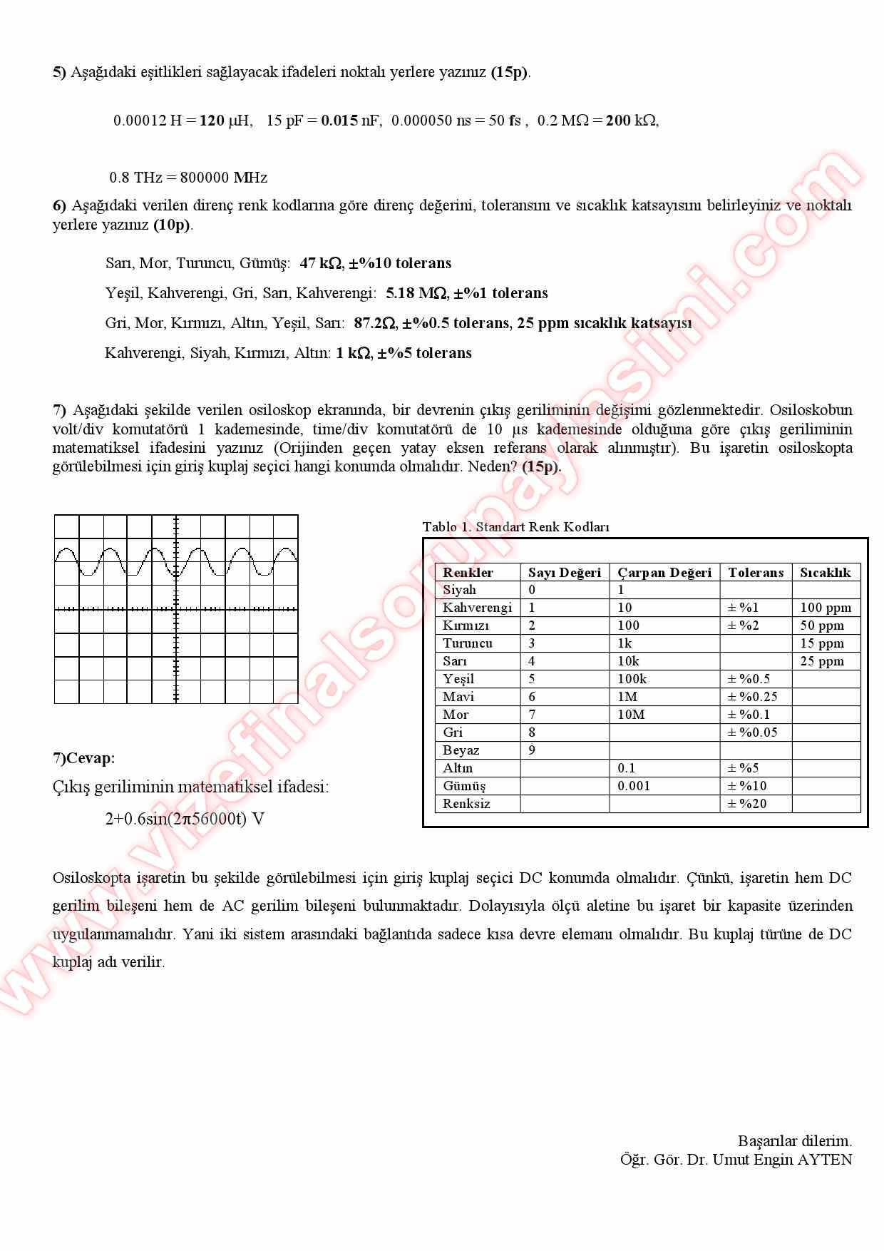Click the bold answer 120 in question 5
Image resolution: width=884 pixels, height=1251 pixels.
212,121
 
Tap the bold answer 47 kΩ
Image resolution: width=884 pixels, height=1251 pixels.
320,263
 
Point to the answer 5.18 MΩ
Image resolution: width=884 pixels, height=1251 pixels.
416,293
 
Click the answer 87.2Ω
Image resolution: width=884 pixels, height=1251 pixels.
374,323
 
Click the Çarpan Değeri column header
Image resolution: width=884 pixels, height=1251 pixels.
664,572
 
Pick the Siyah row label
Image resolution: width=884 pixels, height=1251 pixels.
459,590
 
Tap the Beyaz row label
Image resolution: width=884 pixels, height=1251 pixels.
461,750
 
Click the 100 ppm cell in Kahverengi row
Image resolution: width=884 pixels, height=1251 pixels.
826,608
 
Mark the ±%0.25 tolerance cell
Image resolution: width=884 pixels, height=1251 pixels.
752,697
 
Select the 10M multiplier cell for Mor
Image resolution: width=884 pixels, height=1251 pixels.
631,715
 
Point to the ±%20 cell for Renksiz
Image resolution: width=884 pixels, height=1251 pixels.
748,804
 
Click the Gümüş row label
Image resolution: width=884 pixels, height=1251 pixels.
463,786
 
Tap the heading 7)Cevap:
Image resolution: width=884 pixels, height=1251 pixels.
83,758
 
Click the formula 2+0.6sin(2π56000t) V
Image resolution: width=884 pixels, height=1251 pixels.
185,819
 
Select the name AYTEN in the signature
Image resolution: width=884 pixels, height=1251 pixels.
824,1160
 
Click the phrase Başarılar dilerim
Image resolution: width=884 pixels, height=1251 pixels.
794,1141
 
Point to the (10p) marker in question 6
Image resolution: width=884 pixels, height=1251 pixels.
172,225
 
